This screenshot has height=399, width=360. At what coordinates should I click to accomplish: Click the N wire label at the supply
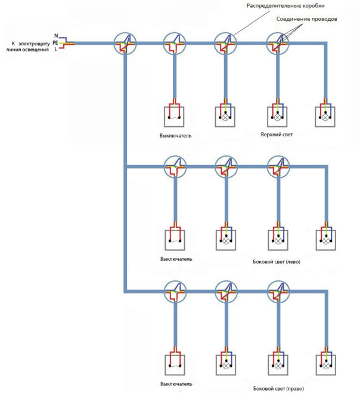click(x=56, y=36)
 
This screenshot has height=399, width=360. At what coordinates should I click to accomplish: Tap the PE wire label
click(x=55, y=43)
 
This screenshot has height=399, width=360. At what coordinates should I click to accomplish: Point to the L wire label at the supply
click(x=56, y=49)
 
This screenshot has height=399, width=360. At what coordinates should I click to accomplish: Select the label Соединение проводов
click(x=307, y=19)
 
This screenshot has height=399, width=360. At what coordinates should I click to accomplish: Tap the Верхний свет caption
click(x=277, y=135)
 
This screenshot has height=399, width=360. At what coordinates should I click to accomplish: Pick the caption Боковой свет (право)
click(x=278, y=389)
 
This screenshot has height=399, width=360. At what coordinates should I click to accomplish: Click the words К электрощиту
click(x=30, y=43)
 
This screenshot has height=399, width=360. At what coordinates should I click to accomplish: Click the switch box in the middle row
click(x=175, y=239)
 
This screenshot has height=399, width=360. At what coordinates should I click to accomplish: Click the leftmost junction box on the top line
click(x=125, y=42)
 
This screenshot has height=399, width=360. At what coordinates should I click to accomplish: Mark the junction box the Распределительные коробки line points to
click(x=226, y=42)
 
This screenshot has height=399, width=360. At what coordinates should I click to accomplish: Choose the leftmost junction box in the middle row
click(x=175, y=167)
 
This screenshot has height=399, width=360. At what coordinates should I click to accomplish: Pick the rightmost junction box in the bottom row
click(x=277, y=291)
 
